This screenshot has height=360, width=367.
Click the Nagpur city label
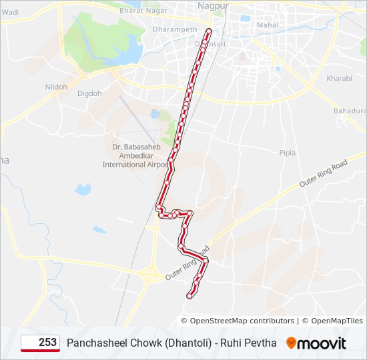(214, 5)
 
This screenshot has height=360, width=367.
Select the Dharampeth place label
(175, 30)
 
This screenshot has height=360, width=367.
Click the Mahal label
(268, 25)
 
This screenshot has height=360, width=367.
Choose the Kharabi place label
(339, 79)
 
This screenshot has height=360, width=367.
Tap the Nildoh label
(56, 87)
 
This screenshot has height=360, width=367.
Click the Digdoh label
(89, 94)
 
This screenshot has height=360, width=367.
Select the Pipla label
(287, 153)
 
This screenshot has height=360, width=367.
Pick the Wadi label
(10, 12)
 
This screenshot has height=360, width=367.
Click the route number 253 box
(40, 343)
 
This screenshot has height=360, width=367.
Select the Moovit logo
(316, 343)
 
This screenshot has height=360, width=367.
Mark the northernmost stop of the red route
(209, 31)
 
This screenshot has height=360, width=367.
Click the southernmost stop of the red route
(190, 296)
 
